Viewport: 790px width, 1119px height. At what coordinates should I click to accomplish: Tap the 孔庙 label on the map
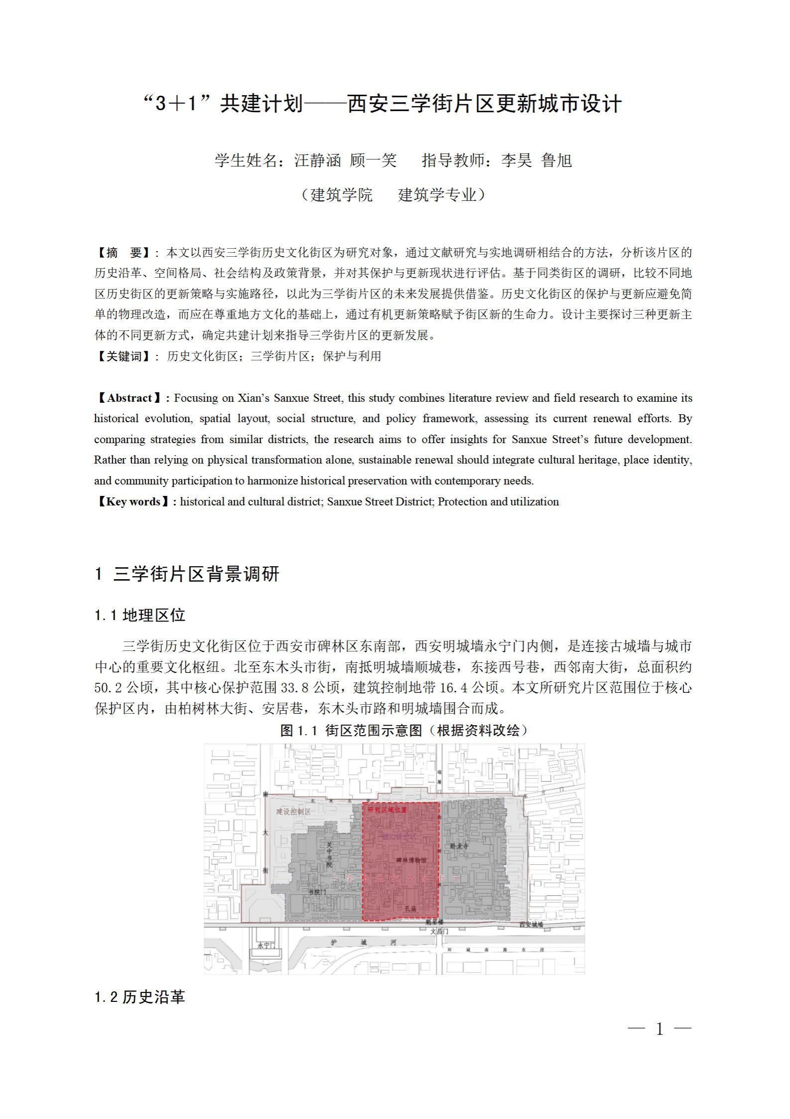[x=410, y=909]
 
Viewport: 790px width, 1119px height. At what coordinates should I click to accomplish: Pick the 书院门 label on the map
[x=317, y=892]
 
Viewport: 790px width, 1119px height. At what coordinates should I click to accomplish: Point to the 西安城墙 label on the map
[x=531, y=924]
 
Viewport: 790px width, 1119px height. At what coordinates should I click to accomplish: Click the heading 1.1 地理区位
[x=140, y=615]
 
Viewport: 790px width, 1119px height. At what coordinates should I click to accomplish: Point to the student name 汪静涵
[x=317, y=160]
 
